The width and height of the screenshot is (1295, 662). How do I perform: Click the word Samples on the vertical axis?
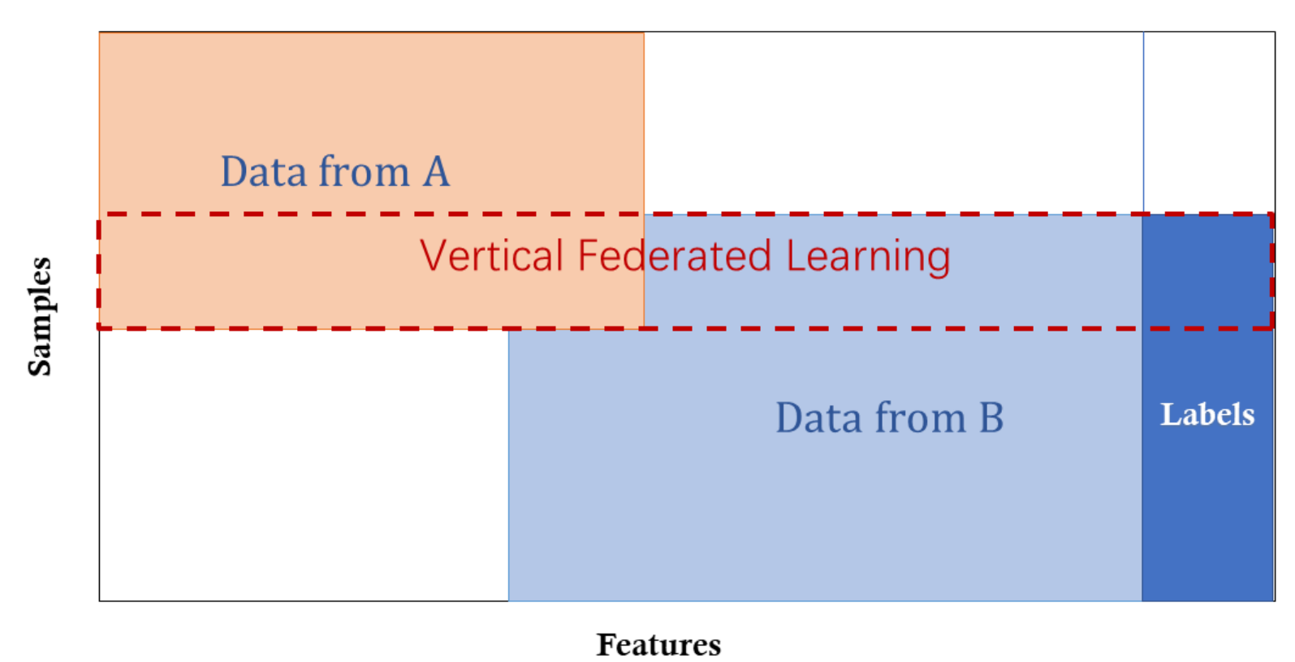click(x=39, y=316)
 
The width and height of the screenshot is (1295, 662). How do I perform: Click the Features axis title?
click(x=658, y=644)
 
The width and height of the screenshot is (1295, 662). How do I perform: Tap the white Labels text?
click(x=1207, y=414)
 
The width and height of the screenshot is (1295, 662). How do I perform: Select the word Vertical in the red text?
click(x=491, y=256)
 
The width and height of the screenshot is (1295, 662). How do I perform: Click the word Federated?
click(x=675, y=256)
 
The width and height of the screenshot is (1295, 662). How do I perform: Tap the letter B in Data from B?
click(x=991, y=418)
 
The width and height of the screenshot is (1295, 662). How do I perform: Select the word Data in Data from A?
click(x=264, y=171)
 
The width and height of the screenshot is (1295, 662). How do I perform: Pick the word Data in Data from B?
click(x=818, y=418)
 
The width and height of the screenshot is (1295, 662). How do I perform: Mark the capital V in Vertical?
click(x=434, y=256)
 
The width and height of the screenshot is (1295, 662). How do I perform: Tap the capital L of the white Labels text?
click(x=1169, y=414)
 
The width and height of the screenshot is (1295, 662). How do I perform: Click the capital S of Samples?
click(x=39, y=365)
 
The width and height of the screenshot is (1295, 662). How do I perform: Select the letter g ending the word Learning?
click(x=939, y=262)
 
